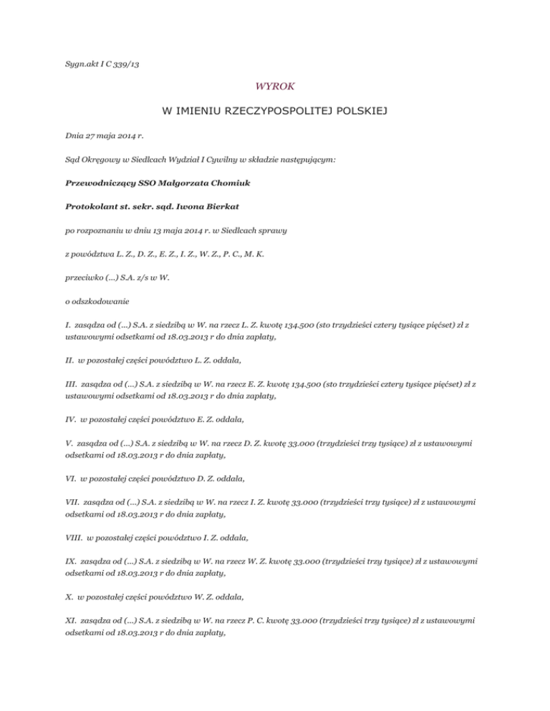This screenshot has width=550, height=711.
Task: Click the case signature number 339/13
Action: (125, 64)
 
